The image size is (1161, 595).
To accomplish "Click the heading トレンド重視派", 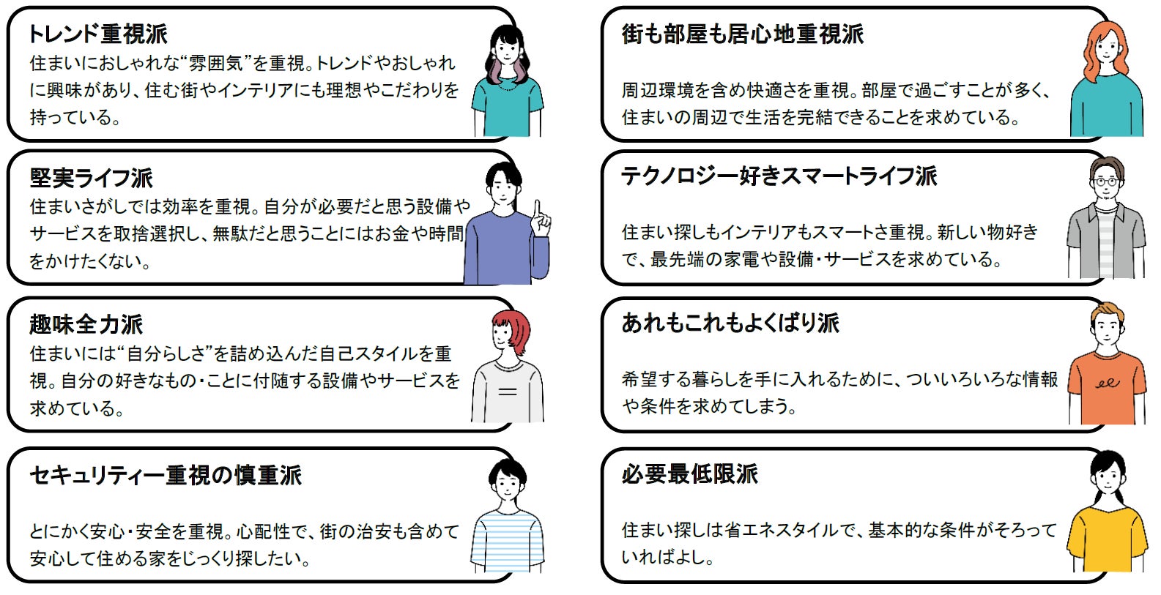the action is pyautogui.click(x=97, y=34).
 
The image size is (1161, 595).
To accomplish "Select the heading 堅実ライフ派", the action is pyautogui.click(x=91, y=178).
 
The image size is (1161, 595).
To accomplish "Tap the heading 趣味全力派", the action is pyautogui.click(x=86, y=324).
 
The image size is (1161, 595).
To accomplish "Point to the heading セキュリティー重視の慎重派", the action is pyautogui.click(x=166, y=475).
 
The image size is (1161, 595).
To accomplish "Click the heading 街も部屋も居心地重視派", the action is pyautogui.click(x=742, y=34).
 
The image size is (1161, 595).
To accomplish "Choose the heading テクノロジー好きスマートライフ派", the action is pyautogui.click(x=779, y=176).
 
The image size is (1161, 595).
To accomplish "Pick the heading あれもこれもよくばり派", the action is pyautogui.click(x=730, y=323).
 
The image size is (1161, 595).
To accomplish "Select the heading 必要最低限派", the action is pyautogui.click(x=689, y=474).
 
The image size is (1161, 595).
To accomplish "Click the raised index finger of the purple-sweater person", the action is pyautogui.click(x=538, y=209).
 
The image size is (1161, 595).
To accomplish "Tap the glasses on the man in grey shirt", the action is pyautogui.click(x=1105, y=182).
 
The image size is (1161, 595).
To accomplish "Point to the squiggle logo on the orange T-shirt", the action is pyautogui.click(x=1107, y=383).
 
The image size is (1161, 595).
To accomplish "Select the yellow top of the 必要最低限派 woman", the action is pyautogui.click(x=1106, y=538).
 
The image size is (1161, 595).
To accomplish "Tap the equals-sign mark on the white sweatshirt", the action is pyautogui.click(x=507, y=392).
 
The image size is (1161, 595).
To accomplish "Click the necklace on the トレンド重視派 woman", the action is pyautogui.click(x=506, y=85).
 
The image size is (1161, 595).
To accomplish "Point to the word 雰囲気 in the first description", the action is pyautogui.click(x=216, y=64).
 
